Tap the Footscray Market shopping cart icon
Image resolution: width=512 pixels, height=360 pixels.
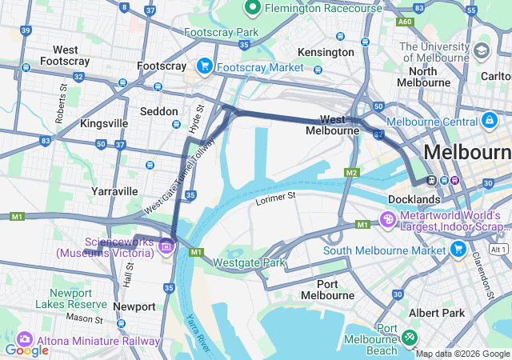point(204,66)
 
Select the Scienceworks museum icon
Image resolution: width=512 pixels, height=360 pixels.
point(166,246)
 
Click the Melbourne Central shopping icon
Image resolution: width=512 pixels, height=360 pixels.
point(489,121)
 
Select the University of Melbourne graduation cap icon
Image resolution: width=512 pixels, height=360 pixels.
point(482,51)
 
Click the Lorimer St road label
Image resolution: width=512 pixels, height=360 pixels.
point(276,195)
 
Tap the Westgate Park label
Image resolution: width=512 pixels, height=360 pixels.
point(249,262)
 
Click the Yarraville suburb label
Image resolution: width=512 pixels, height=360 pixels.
point(114,191)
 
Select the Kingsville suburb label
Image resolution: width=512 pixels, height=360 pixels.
point(104,123)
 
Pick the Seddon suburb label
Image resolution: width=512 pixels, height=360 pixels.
point(159,111)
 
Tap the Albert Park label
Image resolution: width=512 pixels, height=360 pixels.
point(435,313)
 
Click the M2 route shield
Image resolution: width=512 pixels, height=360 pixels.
point(351,173)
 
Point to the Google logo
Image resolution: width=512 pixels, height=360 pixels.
point(26,350)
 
